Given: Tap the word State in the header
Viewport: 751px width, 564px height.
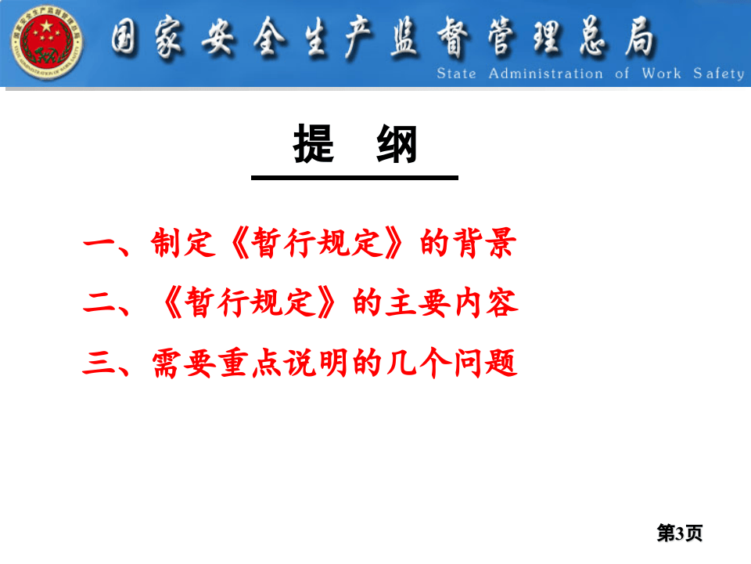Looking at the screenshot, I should pyautogui.click(x=456, y=74).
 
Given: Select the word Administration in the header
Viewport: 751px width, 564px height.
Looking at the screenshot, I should pyautogui.click(x=545, y=74).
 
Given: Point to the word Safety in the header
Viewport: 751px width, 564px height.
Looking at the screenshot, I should pyautogui.click(x=718, y=74).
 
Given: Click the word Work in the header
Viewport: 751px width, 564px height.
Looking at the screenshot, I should pyautogui.click(x=661, y=74).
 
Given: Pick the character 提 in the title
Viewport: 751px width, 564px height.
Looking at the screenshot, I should pyautogui.click(x=314, y=145).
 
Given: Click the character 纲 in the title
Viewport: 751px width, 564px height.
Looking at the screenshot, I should pyautogui.click(x=397, y=145).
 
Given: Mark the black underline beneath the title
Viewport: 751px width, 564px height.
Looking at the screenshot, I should pyautogui.click(x=354, y=178).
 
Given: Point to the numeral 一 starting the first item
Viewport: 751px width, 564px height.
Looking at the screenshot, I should pyautogui.click(x=99, y=245).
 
